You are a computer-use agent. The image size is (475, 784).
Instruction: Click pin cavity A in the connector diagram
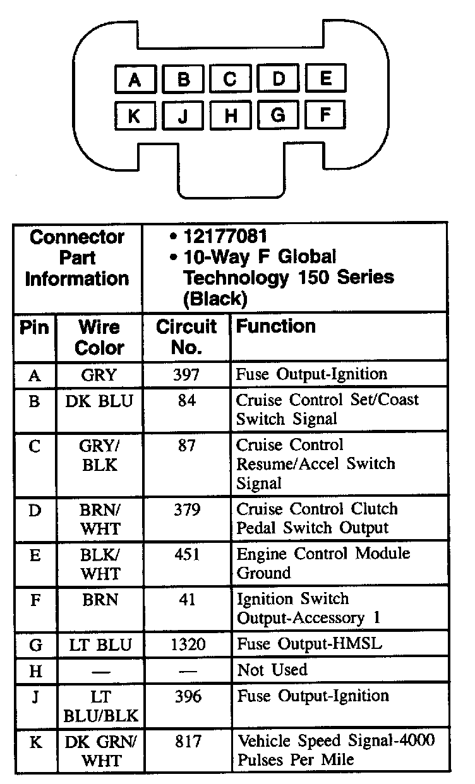click(134, 80)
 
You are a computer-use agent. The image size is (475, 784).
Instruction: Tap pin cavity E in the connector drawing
click(326, 79)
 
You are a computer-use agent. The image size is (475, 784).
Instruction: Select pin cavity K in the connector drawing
click(134, 116)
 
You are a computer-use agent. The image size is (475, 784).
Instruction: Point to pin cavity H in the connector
click(230, 116)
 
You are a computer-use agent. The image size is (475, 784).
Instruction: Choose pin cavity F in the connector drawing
click(326, 116)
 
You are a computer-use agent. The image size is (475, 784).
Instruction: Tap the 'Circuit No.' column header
click(186, 336)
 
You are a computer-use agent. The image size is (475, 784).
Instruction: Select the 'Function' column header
click(276, 326)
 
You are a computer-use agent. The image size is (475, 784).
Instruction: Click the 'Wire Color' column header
click(100, 336)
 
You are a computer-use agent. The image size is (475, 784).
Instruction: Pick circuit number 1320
click(186, 644)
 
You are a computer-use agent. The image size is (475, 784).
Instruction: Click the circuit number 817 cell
click(186, 740)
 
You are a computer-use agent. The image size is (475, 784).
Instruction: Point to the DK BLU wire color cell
click(100, 401)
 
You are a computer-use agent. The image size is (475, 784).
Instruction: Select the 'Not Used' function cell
click(272, 670)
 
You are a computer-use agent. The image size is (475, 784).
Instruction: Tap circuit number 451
click(186, 554)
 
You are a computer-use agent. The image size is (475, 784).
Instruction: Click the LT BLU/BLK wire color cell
click(100, 706)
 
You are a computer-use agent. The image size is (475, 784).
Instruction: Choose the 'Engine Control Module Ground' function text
click(323, 563)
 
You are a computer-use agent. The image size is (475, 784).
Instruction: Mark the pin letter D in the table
click(35, 509)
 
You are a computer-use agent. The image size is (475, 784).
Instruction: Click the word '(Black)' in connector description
click(215, 298)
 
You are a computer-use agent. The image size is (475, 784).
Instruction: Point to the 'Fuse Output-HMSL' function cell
click(309, 644)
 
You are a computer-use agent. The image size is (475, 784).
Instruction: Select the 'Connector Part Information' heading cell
click(77, 258)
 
